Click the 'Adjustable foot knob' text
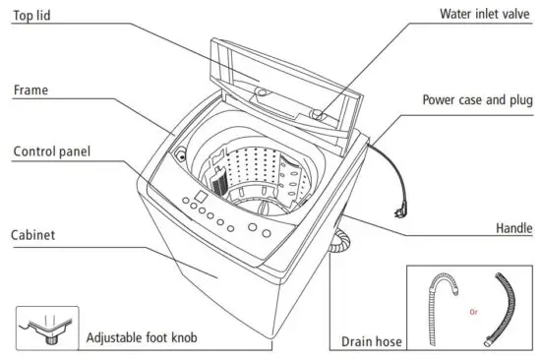pyautogui.click(x=142, y=337)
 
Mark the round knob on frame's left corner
pyautogui.click(x=179, y=154)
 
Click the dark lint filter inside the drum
pyautogui.click(x=218, y=182)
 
